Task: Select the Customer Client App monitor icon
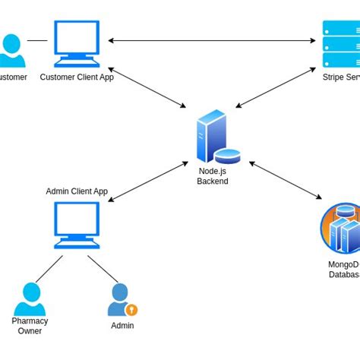coord(76,43)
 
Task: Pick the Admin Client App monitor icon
coord(76,226)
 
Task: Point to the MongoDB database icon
coord(340,229)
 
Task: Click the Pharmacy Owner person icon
coord(30,298)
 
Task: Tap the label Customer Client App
coord(76,77)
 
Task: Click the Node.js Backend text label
coord(213,176)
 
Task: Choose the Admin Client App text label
coord(77,191)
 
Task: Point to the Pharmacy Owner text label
coord(30,326)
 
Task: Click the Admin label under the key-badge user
coord(122,326)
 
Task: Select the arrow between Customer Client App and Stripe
coord(213,40)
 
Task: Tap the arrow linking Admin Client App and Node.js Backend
coord(148,181)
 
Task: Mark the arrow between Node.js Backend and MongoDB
coord(285,180)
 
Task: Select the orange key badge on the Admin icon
coord(131,310)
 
